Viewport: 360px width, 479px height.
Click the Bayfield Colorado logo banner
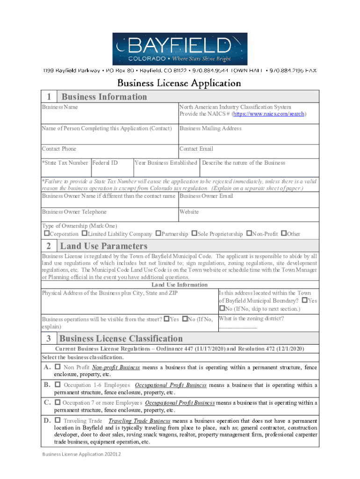[180, 49]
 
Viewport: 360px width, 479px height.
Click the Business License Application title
[179, 83]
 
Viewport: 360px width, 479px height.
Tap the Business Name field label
[60, 107]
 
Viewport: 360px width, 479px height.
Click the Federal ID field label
[105, 163]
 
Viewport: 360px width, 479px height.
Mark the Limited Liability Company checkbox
[84, 233]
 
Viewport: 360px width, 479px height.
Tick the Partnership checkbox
[158, 233]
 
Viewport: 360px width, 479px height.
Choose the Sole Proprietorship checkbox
[194, 233]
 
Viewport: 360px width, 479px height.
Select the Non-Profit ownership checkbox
[249, 233]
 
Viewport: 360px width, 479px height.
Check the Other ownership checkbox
[284, 233]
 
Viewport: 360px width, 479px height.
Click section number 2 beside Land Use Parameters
[49, 246]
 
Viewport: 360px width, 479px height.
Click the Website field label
[189, 212]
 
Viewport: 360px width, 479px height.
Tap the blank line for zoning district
[238, 327]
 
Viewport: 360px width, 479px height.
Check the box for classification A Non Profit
[58, 367]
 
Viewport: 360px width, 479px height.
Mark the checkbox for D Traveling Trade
[58, 421]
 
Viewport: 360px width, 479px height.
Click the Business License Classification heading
[121, 339]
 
